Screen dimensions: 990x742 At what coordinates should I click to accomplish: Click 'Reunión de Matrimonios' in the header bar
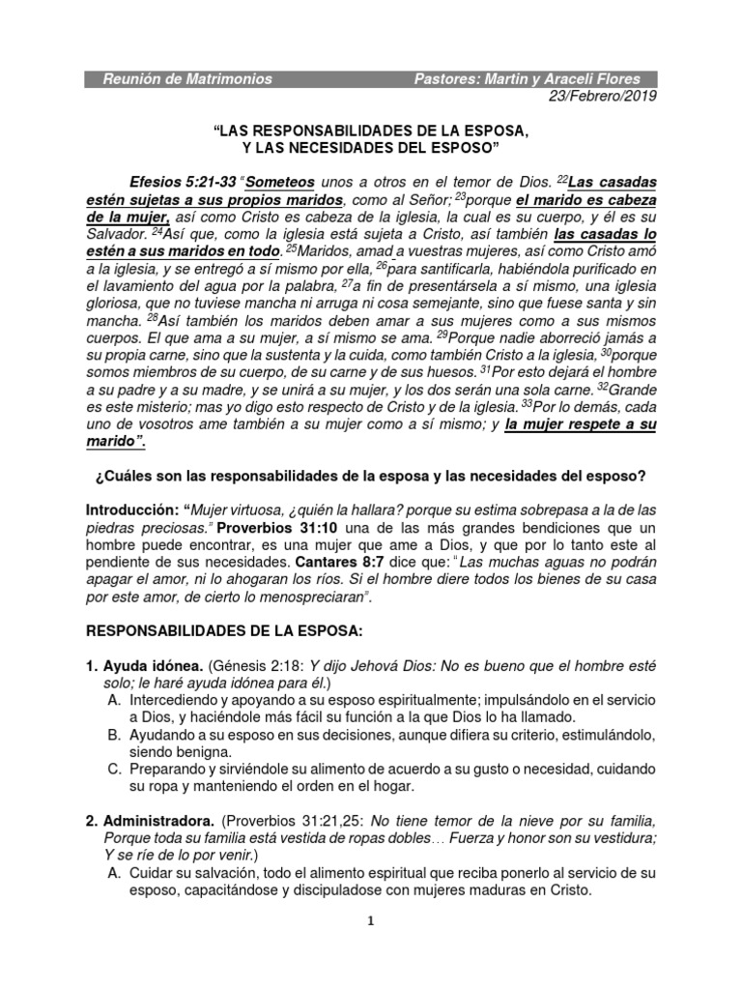coord(187,78)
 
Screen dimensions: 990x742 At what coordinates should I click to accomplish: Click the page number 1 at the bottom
coord(371,920)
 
